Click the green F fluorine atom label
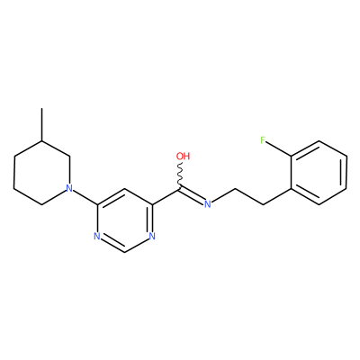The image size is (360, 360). [263, 140]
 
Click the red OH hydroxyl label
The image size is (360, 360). [183, 156]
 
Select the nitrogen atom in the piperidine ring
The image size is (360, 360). [69, 188]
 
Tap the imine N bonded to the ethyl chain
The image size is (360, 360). [207, 204]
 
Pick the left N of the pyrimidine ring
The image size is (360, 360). [96, 236]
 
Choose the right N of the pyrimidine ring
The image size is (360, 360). [152, 236]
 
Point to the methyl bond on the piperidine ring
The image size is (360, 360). [41, 124]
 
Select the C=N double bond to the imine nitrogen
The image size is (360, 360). [192, 195]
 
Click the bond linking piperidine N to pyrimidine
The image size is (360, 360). [85, 197]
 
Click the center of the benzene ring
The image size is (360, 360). [319, 173]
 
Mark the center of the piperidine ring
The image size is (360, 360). [41, 173]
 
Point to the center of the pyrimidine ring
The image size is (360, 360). [124, 220]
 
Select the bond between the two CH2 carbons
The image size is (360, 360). [249, 196]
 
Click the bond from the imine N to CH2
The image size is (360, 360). [223, 195]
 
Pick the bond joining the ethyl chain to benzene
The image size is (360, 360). [277, 196]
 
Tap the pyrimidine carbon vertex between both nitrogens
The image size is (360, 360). [124, 252]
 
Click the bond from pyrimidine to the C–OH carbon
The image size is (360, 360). [166, 196]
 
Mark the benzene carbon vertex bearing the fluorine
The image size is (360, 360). [291, 157]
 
